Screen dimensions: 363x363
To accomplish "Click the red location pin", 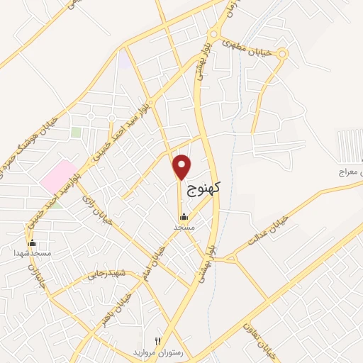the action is tap(183, 167).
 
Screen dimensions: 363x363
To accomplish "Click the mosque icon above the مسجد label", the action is tap(184, 217).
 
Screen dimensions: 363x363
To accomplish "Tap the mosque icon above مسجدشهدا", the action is tap(32, 242).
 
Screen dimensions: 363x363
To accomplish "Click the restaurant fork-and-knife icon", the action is tap(157, 341).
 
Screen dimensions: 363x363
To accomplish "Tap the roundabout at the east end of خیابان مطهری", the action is tap(282, 53).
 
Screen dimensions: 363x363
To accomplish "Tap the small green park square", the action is tap(76, 132).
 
